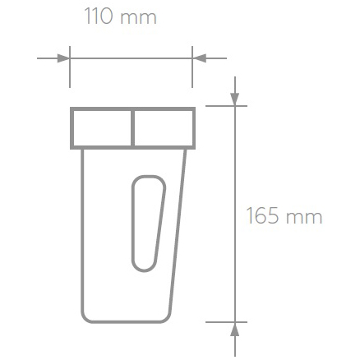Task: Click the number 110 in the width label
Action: (99, 17)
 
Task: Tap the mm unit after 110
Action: (138, 18)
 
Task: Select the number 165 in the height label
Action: (264, 217)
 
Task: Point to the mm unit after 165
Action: (304, 218)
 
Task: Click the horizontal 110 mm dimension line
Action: (132, 58)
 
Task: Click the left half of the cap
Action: (102, 127)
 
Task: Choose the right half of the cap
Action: (164, 127)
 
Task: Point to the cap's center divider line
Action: (133, 127)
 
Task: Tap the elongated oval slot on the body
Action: (147, 222)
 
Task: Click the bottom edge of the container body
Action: (127, 321)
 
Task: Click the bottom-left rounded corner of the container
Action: (85, 317)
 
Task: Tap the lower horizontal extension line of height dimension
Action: (222, 321)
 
